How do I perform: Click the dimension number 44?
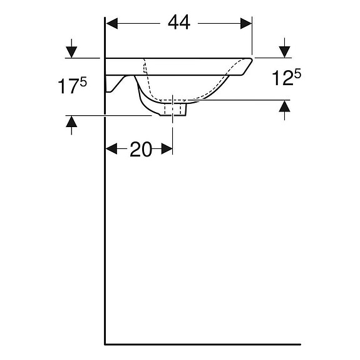click(x=179, y=23)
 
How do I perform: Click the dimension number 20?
click(x=141, y=149)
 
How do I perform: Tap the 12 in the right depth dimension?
click(x=283, y=78)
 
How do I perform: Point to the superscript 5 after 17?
click(x=83, y=82)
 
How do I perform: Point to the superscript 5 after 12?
click(x=297, y=74)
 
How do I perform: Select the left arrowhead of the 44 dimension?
click(x=112, y=23)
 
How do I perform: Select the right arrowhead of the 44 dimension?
click(x=246, y=23)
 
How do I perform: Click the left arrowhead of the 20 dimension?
click(x=111, y=149)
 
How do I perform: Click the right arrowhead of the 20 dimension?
click(x=167, y=149)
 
